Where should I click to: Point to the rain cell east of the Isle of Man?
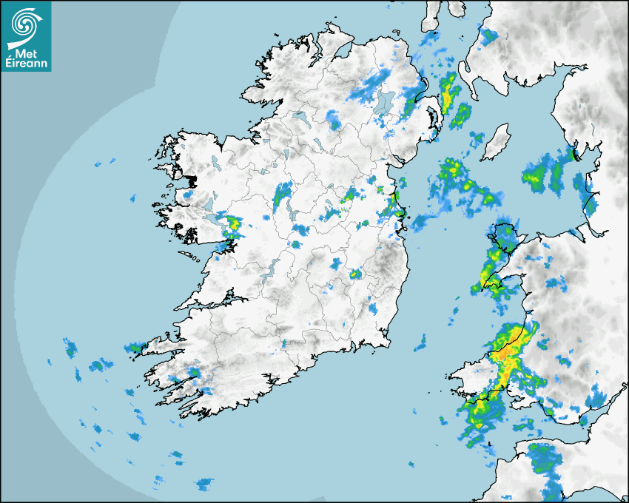pos(544,175)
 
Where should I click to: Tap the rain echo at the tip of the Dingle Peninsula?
pos(136,347)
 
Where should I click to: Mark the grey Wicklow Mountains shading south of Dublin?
pos(385,263)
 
